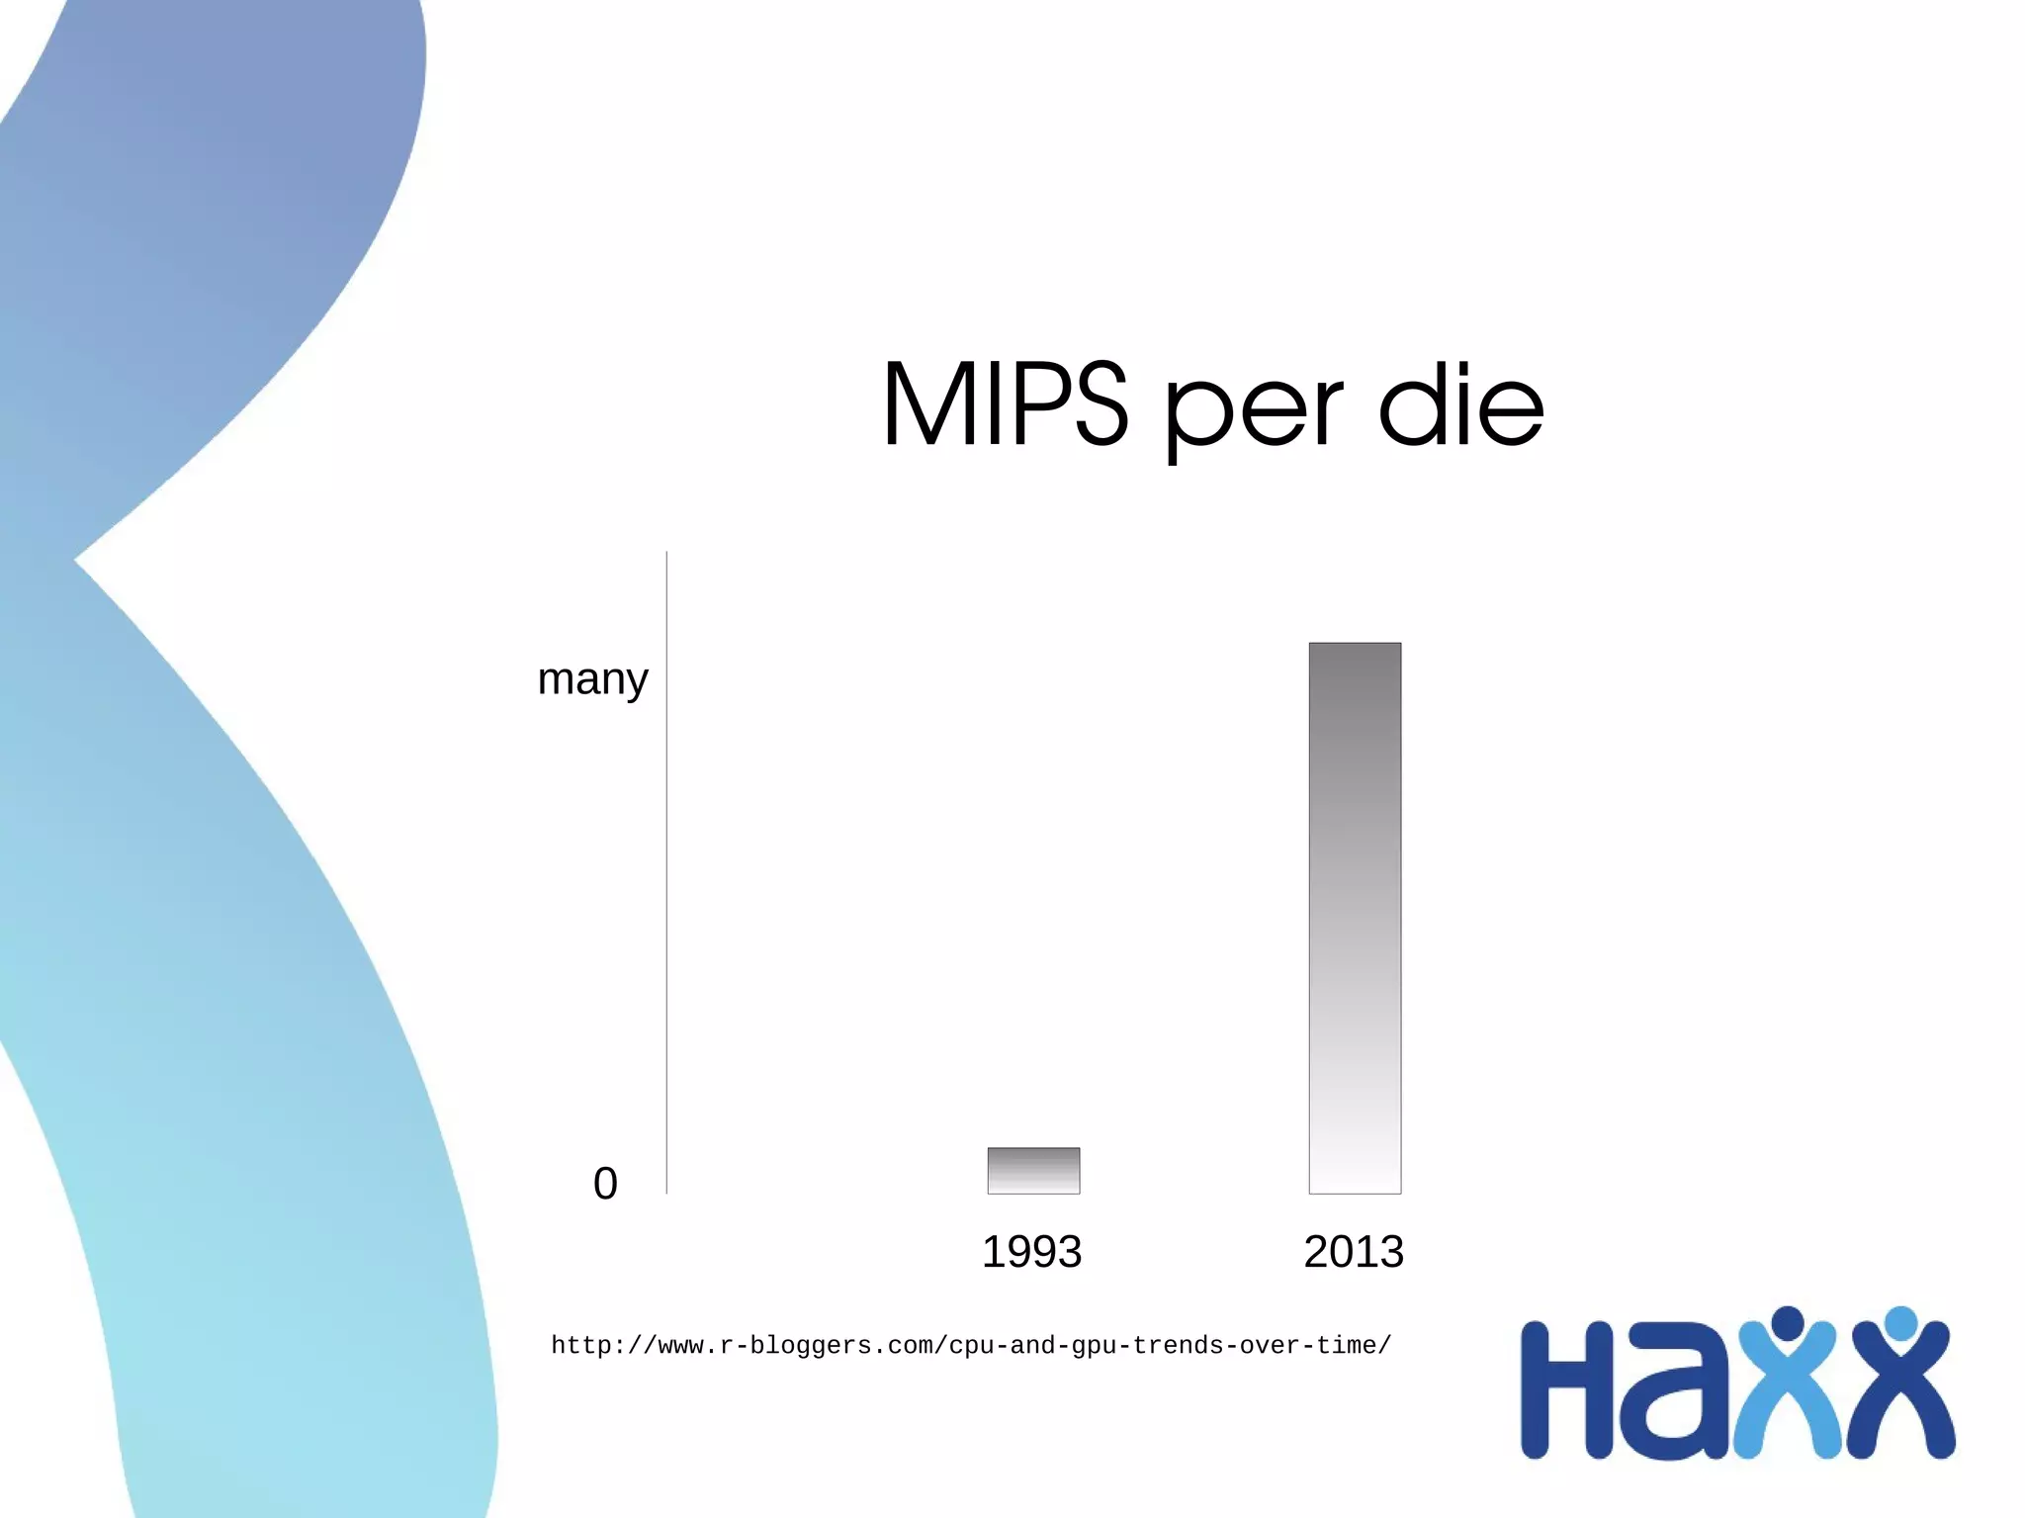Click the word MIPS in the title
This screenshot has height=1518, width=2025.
tap(1004, 405)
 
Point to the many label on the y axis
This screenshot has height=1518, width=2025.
tap(592, 680)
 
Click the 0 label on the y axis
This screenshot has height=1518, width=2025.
tap(605, 1183)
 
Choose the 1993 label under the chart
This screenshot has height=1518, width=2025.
tap(1031, 1252)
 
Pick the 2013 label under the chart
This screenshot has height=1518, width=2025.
tap(1354, 1252)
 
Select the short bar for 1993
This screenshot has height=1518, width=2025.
tap(1033, 1170)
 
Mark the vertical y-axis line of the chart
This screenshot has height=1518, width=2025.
tap(667, 870)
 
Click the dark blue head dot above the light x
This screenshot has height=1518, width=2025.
tap(1788, 1321)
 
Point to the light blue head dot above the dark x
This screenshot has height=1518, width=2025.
tap(1900, 1321)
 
